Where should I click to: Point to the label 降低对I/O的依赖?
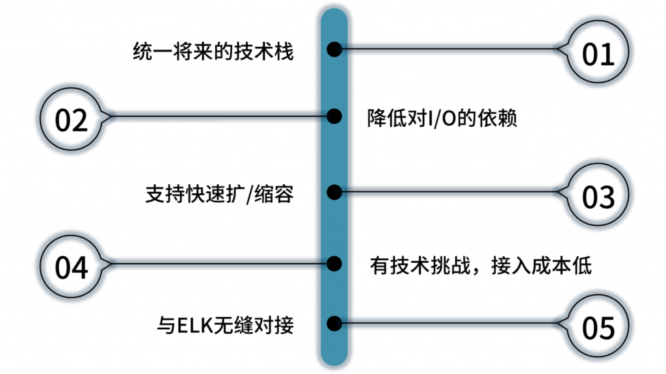(442, 119)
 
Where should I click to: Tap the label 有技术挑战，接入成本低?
(481, 265)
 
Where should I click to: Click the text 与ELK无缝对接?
(226, 324)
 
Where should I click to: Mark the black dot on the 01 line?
(334, 49)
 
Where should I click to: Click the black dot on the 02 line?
(334, 116)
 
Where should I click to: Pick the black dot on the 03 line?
(334, 192)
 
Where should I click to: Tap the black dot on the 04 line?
(334, 263)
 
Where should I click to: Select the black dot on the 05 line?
(334, 323)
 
